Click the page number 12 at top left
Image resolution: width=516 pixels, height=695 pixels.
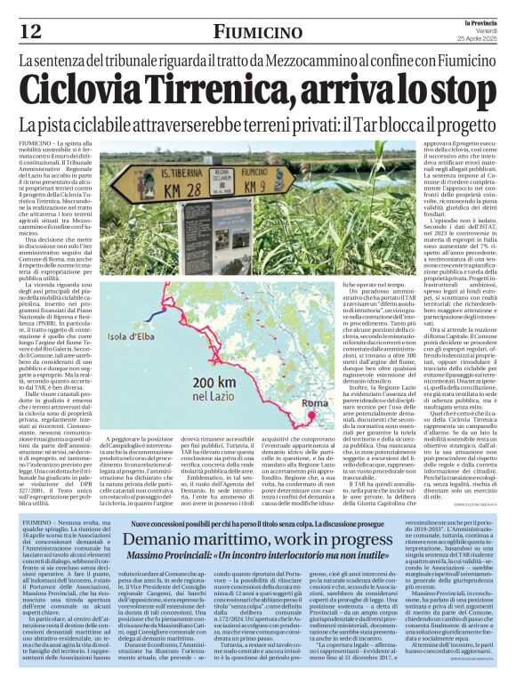(x=31, y=31)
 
